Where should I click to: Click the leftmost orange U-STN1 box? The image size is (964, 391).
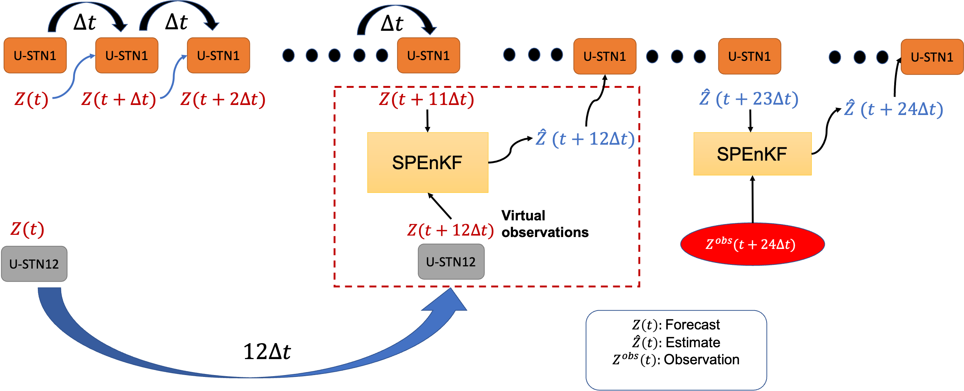click(35, 55)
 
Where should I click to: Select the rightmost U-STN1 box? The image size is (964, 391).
click(931, 57)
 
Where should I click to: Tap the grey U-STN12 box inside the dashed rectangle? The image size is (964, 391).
click(451, 262)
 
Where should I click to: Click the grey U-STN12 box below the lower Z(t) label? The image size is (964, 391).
click(34, 264)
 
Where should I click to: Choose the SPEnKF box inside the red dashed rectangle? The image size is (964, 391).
click(427, 162)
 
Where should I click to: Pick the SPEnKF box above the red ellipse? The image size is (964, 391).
click(752, 154)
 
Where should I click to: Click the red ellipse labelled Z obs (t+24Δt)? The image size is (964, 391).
click(752, 244)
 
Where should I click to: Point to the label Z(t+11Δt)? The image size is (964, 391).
click(427, 99)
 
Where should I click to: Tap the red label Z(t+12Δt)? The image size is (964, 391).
click(451, 230)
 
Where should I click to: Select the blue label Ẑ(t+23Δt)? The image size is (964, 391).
click(749, 99)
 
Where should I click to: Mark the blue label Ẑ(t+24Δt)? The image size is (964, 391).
click(893, 109)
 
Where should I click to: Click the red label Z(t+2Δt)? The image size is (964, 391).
click(223, 99)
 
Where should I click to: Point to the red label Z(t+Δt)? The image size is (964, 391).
click(119, 99)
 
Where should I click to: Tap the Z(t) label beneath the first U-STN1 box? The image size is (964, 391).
click(32, 99)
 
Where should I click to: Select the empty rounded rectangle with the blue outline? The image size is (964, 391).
click(676, 350)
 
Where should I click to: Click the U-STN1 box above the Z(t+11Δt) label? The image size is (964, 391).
click(428, 55)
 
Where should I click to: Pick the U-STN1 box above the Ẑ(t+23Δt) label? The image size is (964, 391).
click(749, 56)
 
